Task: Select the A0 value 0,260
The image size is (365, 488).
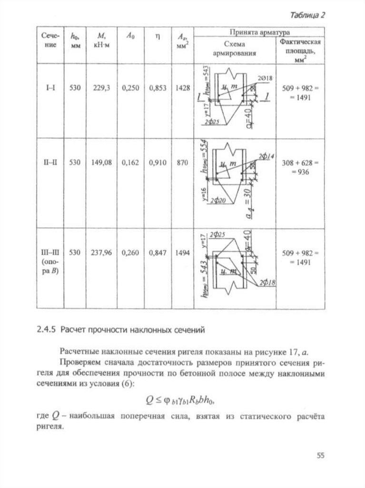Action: point(130,253)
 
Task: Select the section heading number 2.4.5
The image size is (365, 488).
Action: point(46,329)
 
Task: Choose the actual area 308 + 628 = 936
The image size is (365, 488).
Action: point(299,167)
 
